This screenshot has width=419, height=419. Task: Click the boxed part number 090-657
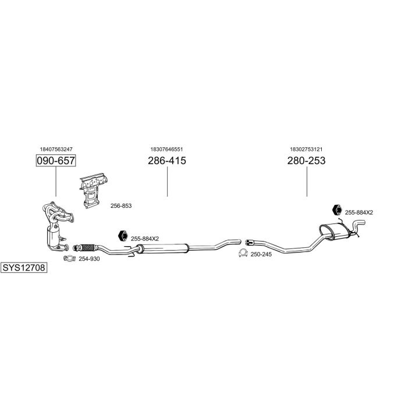56,160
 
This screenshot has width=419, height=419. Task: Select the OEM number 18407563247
56,150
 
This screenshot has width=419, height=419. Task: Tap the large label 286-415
167,160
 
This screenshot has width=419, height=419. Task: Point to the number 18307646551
167,150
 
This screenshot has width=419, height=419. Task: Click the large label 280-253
306,160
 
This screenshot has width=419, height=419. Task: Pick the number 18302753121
306,150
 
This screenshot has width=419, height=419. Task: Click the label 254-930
89,258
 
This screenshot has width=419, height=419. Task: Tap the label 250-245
261,254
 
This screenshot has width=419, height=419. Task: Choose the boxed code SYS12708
24,268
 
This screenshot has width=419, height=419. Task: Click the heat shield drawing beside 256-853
91,189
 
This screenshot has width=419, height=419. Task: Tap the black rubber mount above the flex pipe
122,236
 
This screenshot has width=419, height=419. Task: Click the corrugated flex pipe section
86,246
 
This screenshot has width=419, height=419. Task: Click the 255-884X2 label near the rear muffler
358,212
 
